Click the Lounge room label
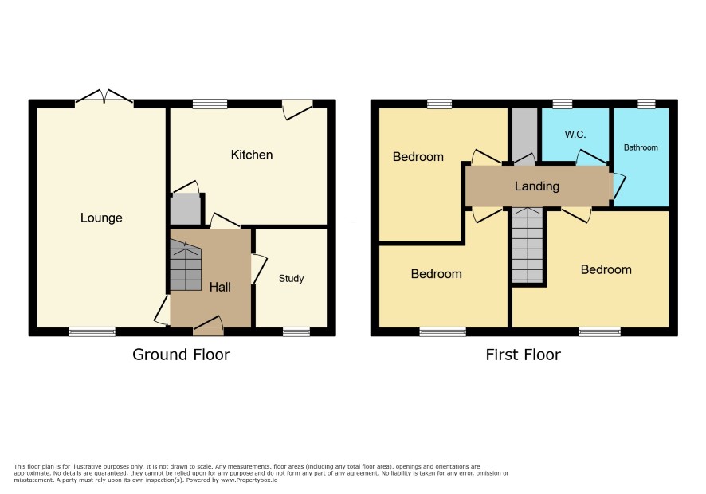click(101, 218)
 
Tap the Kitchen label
click(252, 155)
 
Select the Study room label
click(291, 279)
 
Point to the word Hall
click(220, 287)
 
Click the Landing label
click(537, 186)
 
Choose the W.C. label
click(575, 134)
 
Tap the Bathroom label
click(641, 147)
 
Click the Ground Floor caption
click(181, 355)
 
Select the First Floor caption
click(524, 355)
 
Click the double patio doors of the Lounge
click(104, 98)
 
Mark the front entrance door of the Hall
click(209, 327)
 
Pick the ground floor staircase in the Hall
click(186, 265)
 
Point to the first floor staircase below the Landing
click(528, 245)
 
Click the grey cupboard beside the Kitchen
click(186, 209)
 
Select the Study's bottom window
click(296, 332)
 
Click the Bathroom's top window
click(646, 104)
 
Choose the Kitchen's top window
click(210, 104)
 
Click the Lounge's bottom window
click(92, 332)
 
